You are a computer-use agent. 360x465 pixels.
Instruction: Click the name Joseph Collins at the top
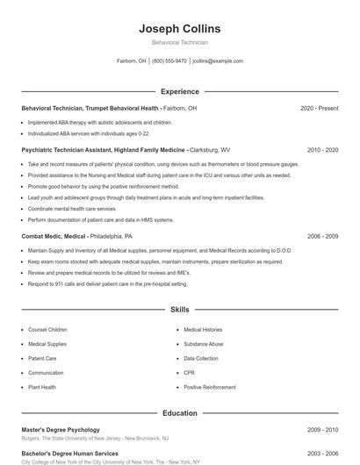(179, 29)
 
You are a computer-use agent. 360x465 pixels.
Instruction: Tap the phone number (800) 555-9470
(169, 61)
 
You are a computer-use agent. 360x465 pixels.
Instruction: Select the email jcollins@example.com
(218, 61)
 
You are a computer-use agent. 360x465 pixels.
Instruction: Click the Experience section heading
(179, 91)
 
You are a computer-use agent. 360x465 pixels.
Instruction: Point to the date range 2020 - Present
(319, 108)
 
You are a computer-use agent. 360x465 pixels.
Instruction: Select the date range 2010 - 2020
(322, 150)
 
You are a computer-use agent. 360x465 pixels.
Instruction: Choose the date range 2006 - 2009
(322, 236)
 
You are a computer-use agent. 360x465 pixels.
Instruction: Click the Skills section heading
(179, 310)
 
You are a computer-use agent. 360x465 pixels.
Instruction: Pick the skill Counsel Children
(47, 330)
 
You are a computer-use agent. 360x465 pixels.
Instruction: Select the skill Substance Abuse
(203, 344)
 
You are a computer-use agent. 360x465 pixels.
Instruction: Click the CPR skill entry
(189, 373)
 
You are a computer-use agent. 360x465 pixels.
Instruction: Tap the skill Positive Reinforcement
(209, 387)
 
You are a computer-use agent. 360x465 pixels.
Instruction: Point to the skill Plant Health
(41, 387)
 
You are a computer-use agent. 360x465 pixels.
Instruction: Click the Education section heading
(179, 413)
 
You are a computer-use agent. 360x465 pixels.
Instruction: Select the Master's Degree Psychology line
(61, 430)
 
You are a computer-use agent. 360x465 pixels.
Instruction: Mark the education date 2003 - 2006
(322, 454)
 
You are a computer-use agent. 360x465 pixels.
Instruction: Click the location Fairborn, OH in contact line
(131, 61)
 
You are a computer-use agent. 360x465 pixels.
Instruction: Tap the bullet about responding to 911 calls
(107, 284)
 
